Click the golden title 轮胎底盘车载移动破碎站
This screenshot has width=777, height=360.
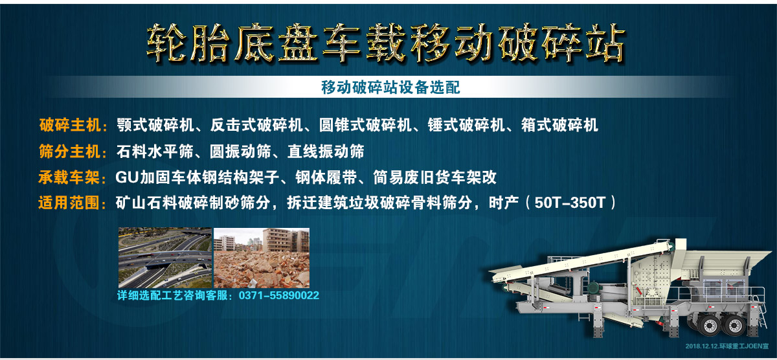[x=386, y=43]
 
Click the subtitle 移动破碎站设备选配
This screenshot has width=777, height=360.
[x=390, y=87]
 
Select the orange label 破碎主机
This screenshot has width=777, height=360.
[x=70, y=125]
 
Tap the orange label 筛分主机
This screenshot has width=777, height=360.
[x=70, y=152]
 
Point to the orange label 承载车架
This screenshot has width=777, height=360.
[x=69, y=177]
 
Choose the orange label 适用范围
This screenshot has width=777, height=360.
[x=69, y=203]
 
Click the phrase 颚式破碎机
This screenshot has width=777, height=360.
[x=155, y=125]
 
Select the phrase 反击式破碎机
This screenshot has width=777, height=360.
[x=256, y=125]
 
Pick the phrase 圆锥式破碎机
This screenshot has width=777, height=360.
[x=365, y=125]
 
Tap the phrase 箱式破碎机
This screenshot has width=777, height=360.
[x=559, y=125]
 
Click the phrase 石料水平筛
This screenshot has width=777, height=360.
[x=155, y=152]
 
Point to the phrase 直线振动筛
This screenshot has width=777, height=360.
[x=326, y=152]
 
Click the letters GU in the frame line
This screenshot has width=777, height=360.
[x=128, y=177]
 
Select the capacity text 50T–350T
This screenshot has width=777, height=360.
[x=570, y=203]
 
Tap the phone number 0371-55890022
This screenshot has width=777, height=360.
[x=279, y=295]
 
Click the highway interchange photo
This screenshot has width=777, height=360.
[x=165, y=258]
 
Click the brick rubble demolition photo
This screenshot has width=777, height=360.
[x=262, y=258]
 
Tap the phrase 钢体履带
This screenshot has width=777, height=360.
[x=326, y=177]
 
